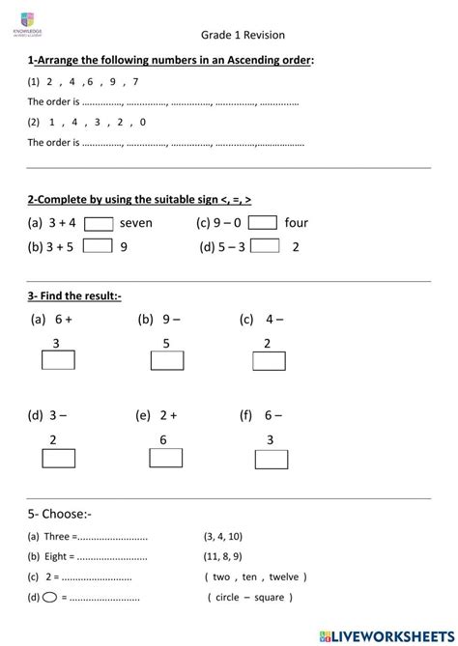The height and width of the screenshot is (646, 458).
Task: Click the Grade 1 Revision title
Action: pyautogui.click(x=243, y=35)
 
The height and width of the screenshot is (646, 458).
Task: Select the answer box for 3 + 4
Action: pyautogui.click(x=98, y=224)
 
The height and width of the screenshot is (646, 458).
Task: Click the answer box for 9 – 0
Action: pyautogui.click(x=263, y=223)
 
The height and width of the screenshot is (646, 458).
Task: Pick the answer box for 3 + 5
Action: pyautogui.click(x=98, y=246)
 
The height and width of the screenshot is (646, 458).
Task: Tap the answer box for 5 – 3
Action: pyautogui.click(x=264, y=245)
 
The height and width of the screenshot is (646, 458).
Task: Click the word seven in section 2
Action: pyautogui.click(x=136, y=224)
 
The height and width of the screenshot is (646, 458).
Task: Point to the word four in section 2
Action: pyautogui.click(x=296, y=223)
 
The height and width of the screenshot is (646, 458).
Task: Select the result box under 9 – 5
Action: pyautogui.click(x=167, y=361)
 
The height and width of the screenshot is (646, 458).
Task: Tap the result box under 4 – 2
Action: pyautogui.click(x=269, y=361)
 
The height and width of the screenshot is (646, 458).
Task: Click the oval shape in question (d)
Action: pyautogui.click(x=49, y=598)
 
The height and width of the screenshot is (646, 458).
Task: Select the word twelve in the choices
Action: pyautogui.click(x=287, y=576)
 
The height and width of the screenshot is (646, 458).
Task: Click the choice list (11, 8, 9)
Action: pyautogui.click(x=223, y=556)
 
